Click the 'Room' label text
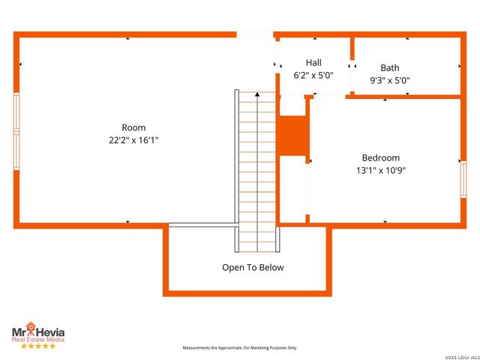133,127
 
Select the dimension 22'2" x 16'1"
133,140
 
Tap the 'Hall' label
313,62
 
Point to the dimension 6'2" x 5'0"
313,75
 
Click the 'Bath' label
389,67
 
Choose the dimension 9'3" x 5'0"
389,80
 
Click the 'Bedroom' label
380,157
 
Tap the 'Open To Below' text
253,267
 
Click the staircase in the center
256,172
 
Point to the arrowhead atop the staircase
256,94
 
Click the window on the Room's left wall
16,131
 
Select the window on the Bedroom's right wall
463,180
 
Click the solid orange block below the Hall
292,135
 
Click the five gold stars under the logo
37,346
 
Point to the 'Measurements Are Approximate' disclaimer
240,348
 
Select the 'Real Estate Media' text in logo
37,340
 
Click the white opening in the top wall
255,34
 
